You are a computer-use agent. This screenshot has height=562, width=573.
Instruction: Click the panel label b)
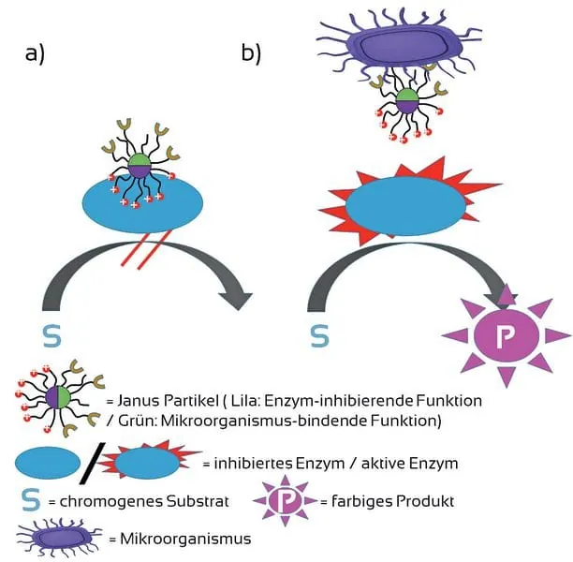coord(251,53)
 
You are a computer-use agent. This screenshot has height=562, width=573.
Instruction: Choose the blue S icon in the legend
coord(31,500)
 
